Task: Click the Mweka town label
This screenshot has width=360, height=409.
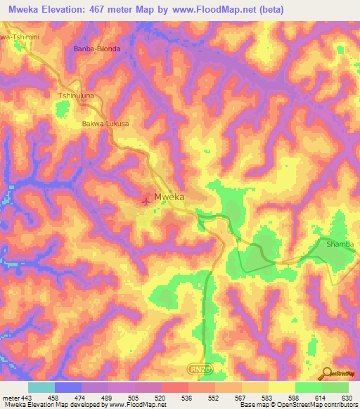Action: [169, 197]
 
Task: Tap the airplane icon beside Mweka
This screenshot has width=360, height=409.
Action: [146, 201]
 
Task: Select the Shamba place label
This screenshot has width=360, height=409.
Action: [340, 244]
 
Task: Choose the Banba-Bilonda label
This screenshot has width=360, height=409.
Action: [97, 49]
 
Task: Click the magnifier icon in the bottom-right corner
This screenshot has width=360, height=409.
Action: [327, 373]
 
